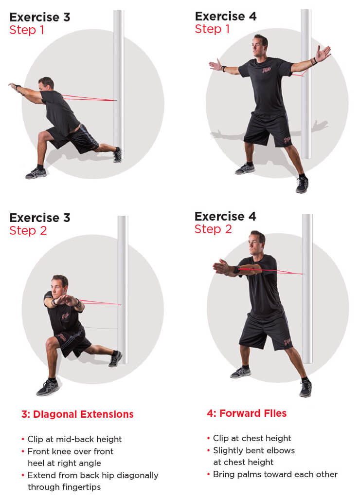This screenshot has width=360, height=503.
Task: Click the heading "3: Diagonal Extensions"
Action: point(77,414)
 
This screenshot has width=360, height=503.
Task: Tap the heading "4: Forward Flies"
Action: point(247,413)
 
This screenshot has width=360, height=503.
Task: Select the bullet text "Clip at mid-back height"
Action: point(75,439)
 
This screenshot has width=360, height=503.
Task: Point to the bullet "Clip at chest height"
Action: point(252,438)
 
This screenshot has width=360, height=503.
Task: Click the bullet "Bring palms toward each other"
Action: point(275,474)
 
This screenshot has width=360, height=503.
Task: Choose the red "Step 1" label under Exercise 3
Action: point(27,30)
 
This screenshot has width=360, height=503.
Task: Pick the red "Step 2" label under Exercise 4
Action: point(213,229)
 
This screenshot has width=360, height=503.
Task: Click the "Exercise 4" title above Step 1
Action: point(226,16)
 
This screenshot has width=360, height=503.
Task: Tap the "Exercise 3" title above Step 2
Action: point(40,218)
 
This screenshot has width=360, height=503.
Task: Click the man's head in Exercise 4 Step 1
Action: point(260,45)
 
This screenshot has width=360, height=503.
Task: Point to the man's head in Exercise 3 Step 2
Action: point(59,286)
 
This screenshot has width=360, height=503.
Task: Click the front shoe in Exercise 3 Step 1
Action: point(36,173)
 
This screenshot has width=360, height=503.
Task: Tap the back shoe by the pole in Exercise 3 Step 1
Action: point(118,155)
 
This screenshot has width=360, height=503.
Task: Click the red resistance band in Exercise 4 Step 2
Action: point(272,271)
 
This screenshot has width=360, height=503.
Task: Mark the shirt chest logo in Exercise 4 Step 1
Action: point(267,70)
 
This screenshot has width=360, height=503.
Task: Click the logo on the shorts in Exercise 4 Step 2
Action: point(287,341)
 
